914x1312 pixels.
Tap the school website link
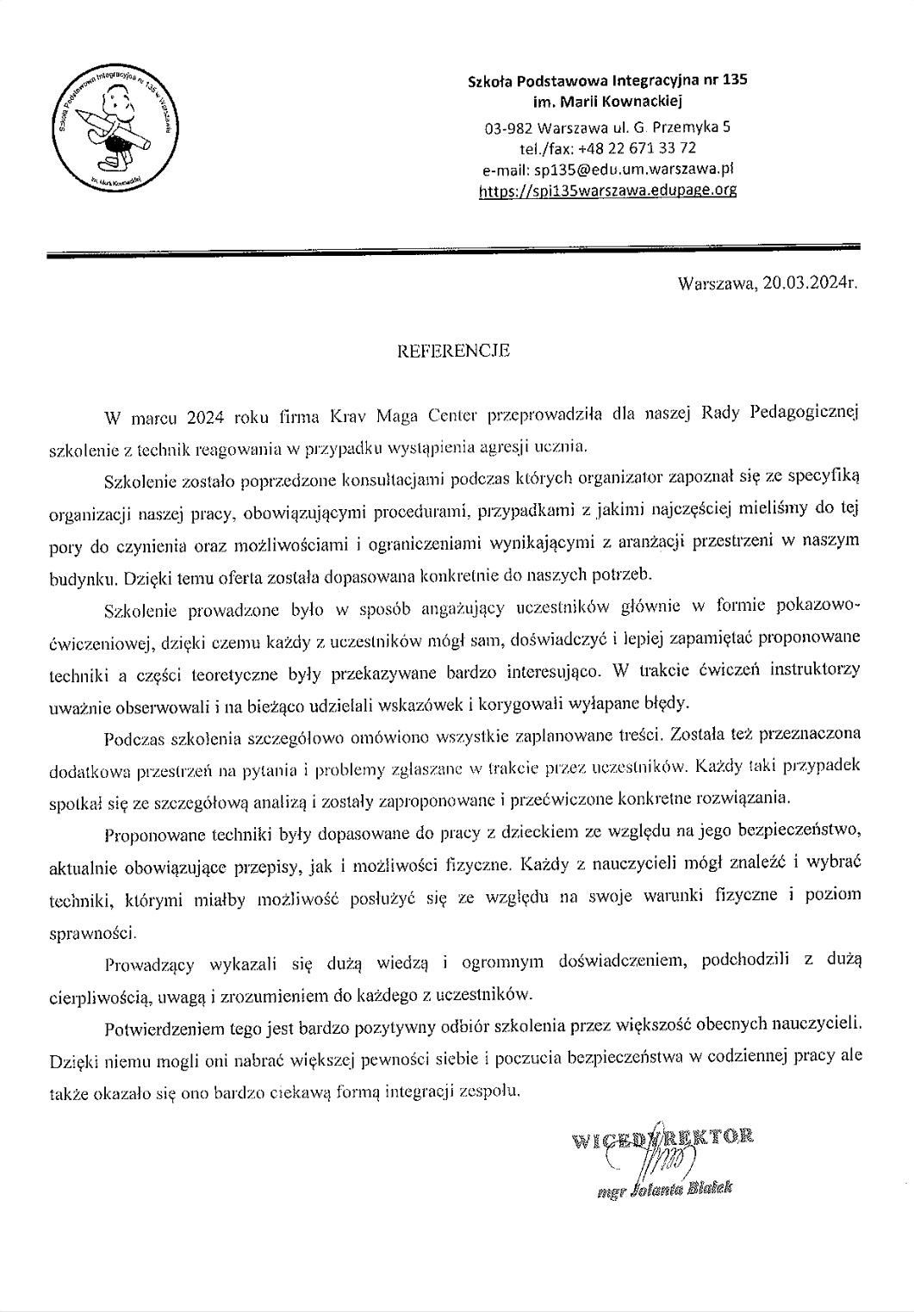(x=607, y=190)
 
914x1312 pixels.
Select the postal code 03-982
(x=506, y=127)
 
